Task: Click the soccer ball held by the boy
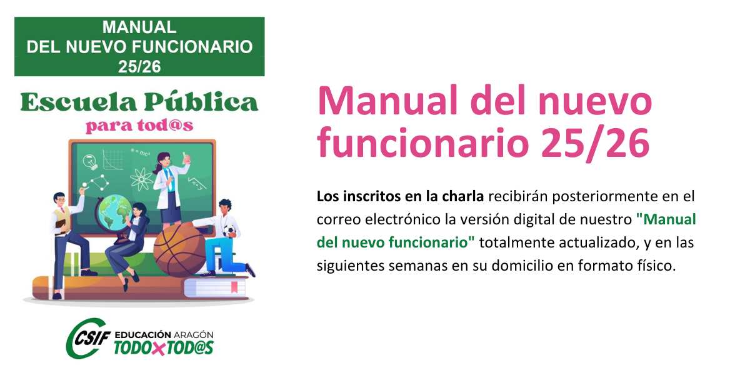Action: [229, 231]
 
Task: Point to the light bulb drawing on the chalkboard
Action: [91, 162]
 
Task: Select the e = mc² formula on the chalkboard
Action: [140, 152]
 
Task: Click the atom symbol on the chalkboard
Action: [141, 179]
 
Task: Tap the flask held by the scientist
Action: [186, 157]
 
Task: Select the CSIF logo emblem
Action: [88, 338]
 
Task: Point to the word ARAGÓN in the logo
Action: [194, 335]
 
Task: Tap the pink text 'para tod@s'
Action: [139, 126]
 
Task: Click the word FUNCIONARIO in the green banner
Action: [192, 47]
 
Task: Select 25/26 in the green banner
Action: [139, 67]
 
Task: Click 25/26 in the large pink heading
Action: [595, 143]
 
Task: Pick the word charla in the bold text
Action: [462, 196]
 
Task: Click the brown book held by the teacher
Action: [61, 225]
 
